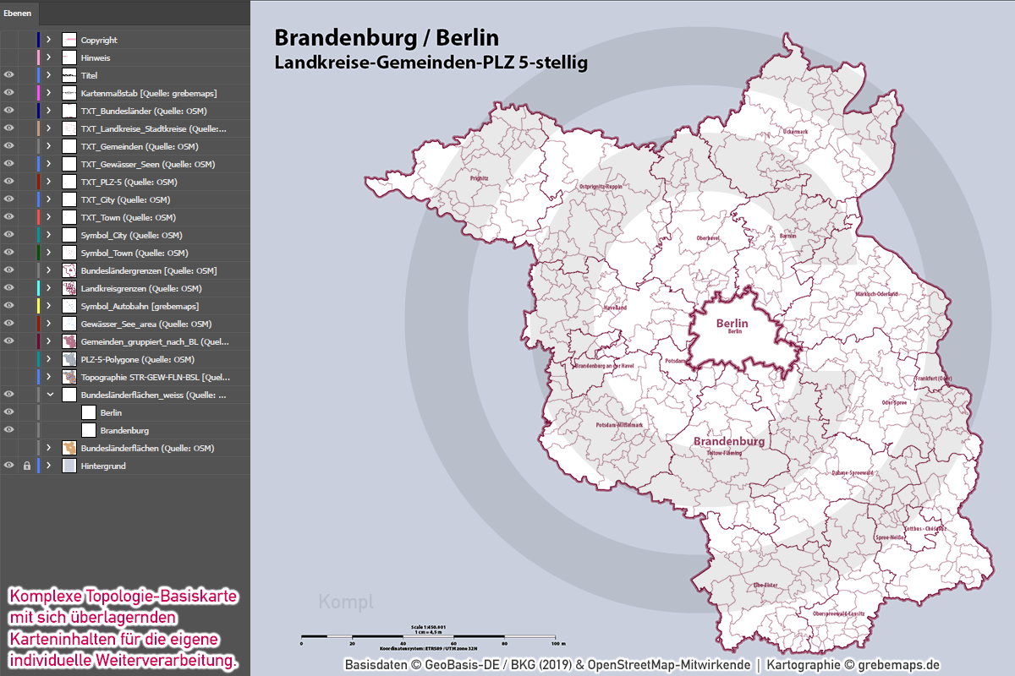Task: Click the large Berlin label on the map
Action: [732, 323]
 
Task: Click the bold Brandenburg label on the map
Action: [729, 441]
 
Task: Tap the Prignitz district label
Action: [480, 179]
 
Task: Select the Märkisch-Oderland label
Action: [876, 294]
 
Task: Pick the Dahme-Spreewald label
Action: [852, 473]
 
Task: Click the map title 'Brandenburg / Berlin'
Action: [387, 38]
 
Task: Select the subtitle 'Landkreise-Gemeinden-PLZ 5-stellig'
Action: [431, 63]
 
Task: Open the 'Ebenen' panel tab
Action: [18, 13]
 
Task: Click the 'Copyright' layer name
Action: [99, 40]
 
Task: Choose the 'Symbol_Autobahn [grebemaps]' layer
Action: [140, 306]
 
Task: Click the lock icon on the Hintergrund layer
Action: [26, 466]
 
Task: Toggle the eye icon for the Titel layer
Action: [9, 75]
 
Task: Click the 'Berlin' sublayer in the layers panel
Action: [111, 412]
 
